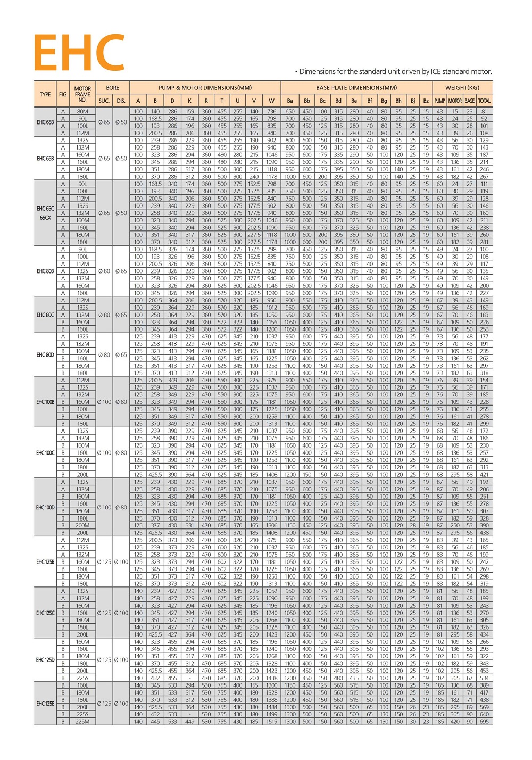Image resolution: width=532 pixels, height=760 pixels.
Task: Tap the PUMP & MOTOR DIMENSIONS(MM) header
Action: tap(205, 88)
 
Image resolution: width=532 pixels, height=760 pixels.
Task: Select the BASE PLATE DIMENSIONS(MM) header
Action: tap(356, 88)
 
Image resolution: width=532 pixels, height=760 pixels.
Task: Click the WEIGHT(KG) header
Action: tap(462, 88)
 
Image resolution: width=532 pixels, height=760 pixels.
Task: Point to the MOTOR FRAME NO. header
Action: tap(82, 94)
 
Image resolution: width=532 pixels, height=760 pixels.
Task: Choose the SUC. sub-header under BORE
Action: tap(104, 101)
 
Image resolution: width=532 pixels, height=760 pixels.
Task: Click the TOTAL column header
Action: tap(484, 101)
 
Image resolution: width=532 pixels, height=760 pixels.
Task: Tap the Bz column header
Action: tap(426, 101)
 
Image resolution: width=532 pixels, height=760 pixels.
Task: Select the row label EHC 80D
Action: tap(45, 355)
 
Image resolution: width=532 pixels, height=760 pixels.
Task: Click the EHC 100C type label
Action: tap(45, 453)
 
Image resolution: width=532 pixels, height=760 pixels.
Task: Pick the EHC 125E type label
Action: tap(45, 704)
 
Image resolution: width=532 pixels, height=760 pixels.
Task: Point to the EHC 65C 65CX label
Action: tap(45, 213)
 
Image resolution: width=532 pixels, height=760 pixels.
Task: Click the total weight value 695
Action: tap(484, 722)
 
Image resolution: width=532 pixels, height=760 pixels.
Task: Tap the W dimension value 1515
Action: tap(271, 722)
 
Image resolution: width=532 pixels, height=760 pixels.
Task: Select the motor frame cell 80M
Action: tap(82, 112)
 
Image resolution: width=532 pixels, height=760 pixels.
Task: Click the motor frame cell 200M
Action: tap(82, 525)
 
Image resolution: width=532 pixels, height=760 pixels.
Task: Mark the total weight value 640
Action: tap(484, 714)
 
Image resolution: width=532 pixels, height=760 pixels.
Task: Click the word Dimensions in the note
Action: tap(319, 71)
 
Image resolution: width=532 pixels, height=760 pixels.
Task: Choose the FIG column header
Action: tap(63, 94)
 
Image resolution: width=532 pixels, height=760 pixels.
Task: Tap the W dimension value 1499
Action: tap(271, 714)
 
